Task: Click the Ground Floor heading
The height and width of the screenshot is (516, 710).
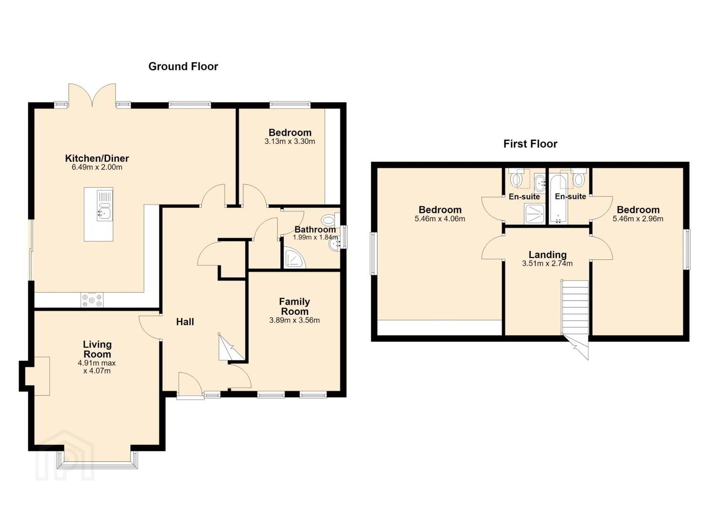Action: pos(183,66)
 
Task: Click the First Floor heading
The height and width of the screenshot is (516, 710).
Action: pos(530,144)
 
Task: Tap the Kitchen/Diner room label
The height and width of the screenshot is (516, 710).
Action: pos(97,158)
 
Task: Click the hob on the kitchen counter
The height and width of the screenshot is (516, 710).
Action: pos(92,300)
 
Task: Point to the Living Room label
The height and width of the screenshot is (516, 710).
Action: pos(97,349)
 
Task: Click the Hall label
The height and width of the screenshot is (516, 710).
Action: pos(185,322)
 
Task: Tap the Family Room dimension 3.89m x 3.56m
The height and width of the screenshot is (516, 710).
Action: pos(295,320)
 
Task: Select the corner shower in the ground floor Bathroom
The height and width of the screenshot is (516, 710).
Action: pos(295,259)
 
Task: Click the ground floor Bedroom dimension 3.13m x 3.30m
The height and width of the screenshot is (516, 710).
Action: pos(290,141)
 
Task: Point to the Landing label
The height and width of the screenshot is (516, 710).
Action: pos(547,255)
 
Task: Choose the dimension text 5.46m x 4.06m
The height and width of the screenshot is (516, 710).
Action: pos(440,219)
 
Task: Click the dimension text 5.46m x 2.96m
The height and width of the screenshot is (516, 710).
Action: pos(638,219)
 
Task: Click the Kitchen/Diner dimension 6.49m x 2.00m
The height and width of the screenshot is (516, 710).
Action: pos(97,167)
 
